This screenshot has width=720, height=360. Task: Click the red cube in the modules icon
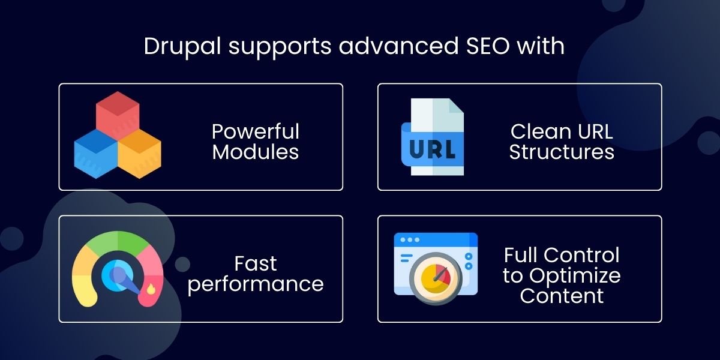118,111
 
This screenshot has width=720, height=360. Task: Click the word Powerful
256,131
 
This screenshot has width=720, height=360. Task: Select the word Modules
256,152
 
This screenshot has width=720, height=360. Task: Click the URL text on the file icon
432,148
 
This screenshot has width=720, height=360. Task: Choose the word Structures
562,152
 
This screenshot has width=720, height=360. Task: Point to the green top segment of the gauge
118,242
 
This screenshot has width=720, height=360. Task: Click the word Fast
256,263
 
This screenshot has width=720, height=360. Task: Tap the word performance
256,284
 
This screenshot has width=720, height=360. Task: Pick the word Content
562,295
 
